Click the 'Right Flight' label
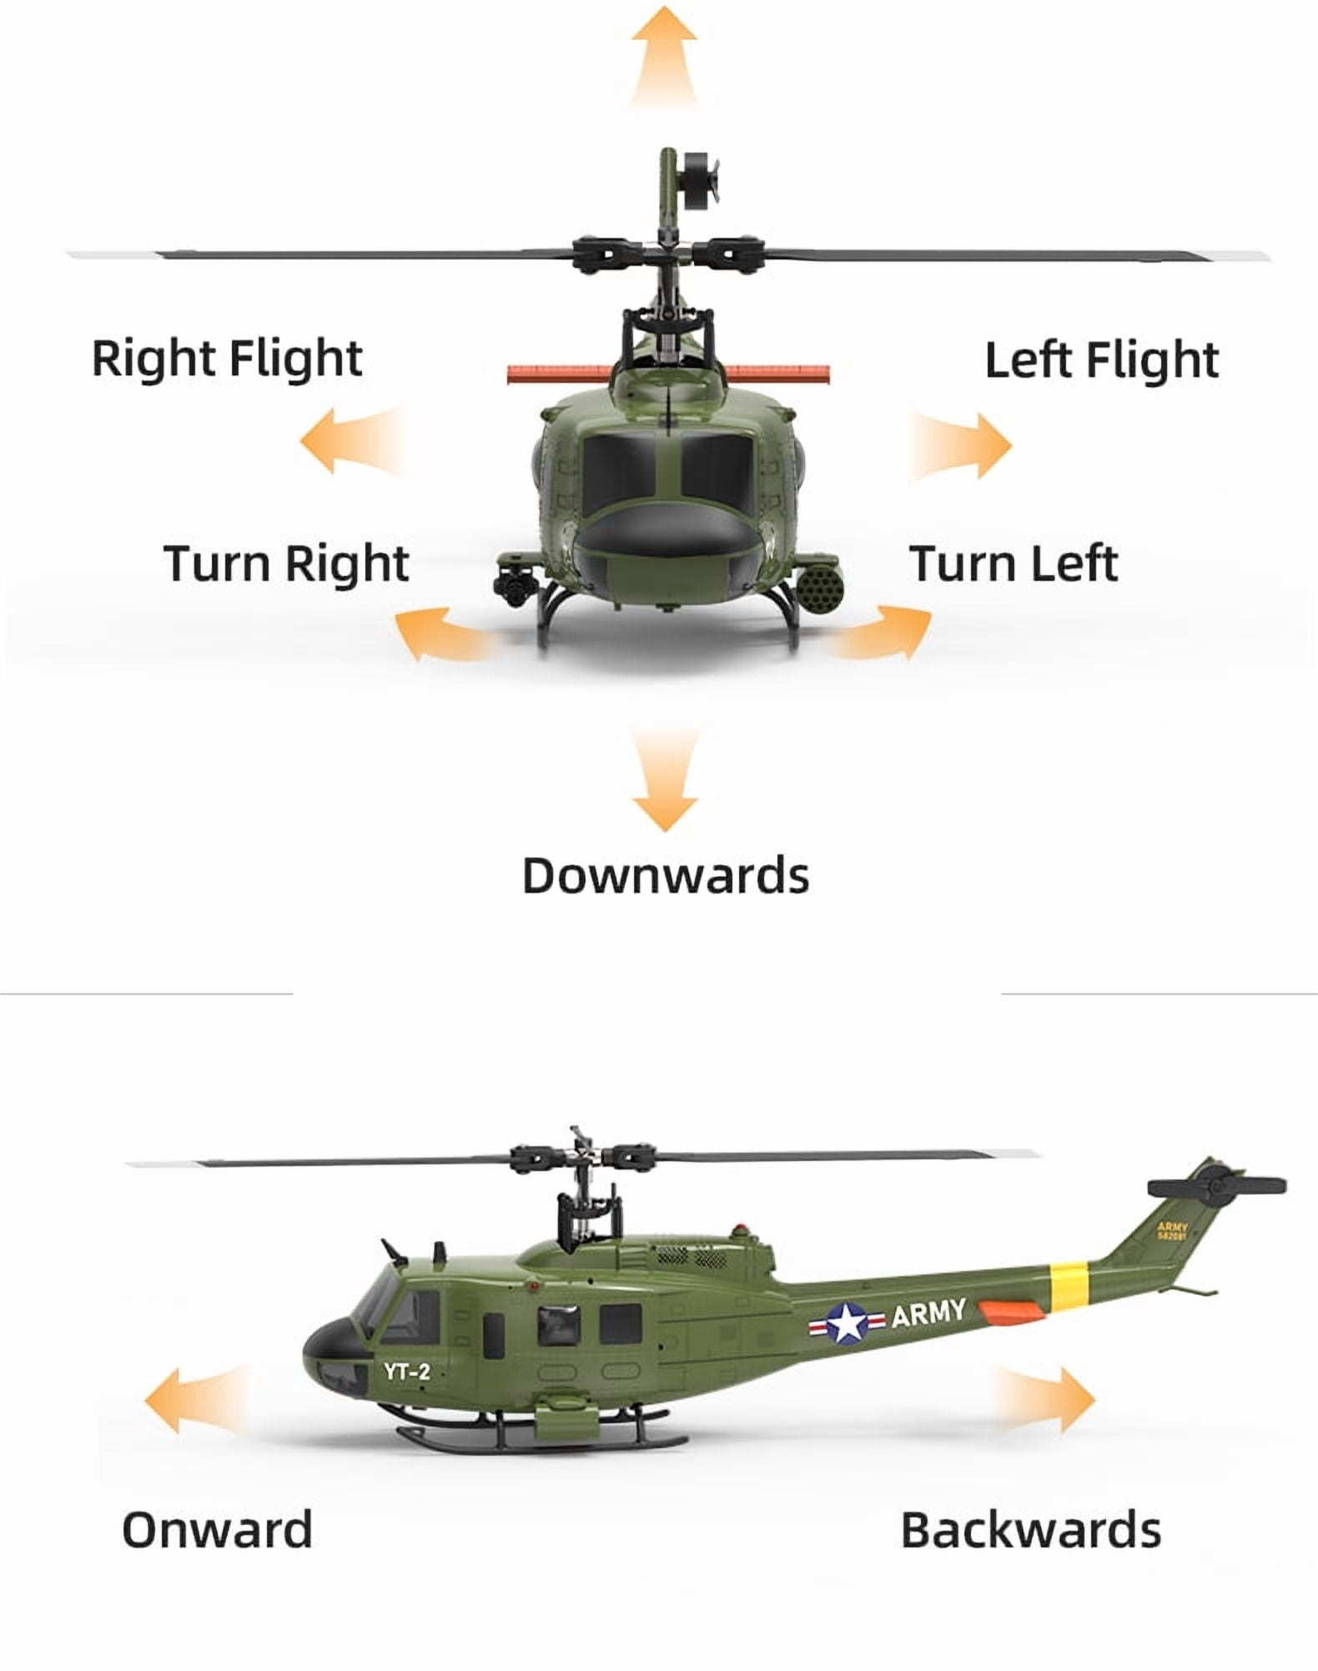[227, 359]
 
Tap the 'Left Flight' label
[1102, 360]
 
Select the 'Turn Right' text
[286, 563]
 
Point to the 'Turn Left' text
[1014, 563]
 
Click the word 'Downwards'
[666, 876]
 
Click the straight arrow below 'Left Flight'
[961, 445]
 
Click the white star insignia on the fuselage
[847, 1325]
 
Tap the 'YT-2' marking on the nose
[408, 1371]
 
